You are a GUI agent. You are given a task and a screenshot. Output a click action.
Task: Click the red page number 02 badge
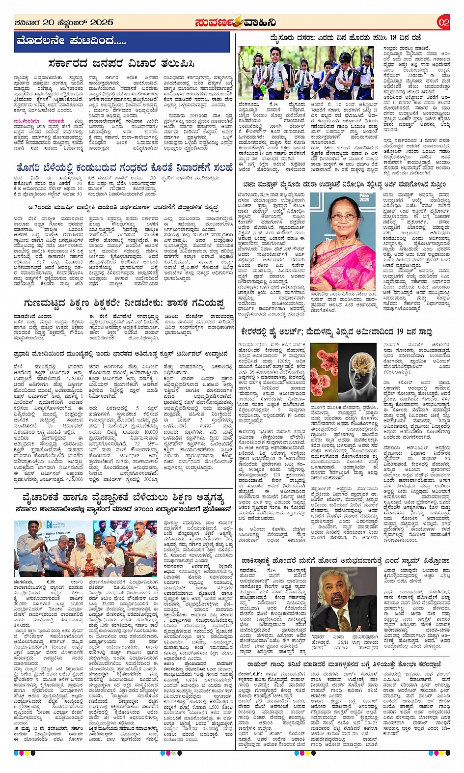click(x=443, y=22)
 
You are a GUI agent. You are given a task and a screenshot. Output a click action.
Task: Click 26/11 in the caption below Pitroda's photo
click(x=343, y=642)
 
